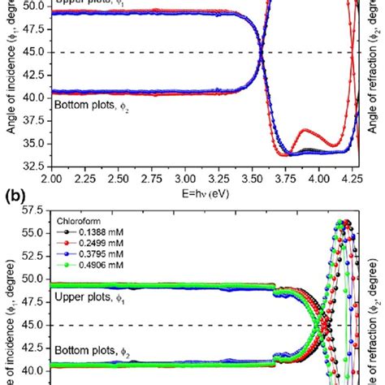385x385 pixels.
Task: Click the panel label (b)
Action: [x=11, y=195]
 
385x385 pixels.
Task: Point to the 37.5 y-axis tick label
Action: [x=32, y=120]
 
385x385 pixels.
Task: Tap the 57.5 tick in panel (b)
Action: [x=32, y=210]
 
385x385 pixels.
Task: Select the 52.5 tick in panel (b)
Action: [x=32, y=256]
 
